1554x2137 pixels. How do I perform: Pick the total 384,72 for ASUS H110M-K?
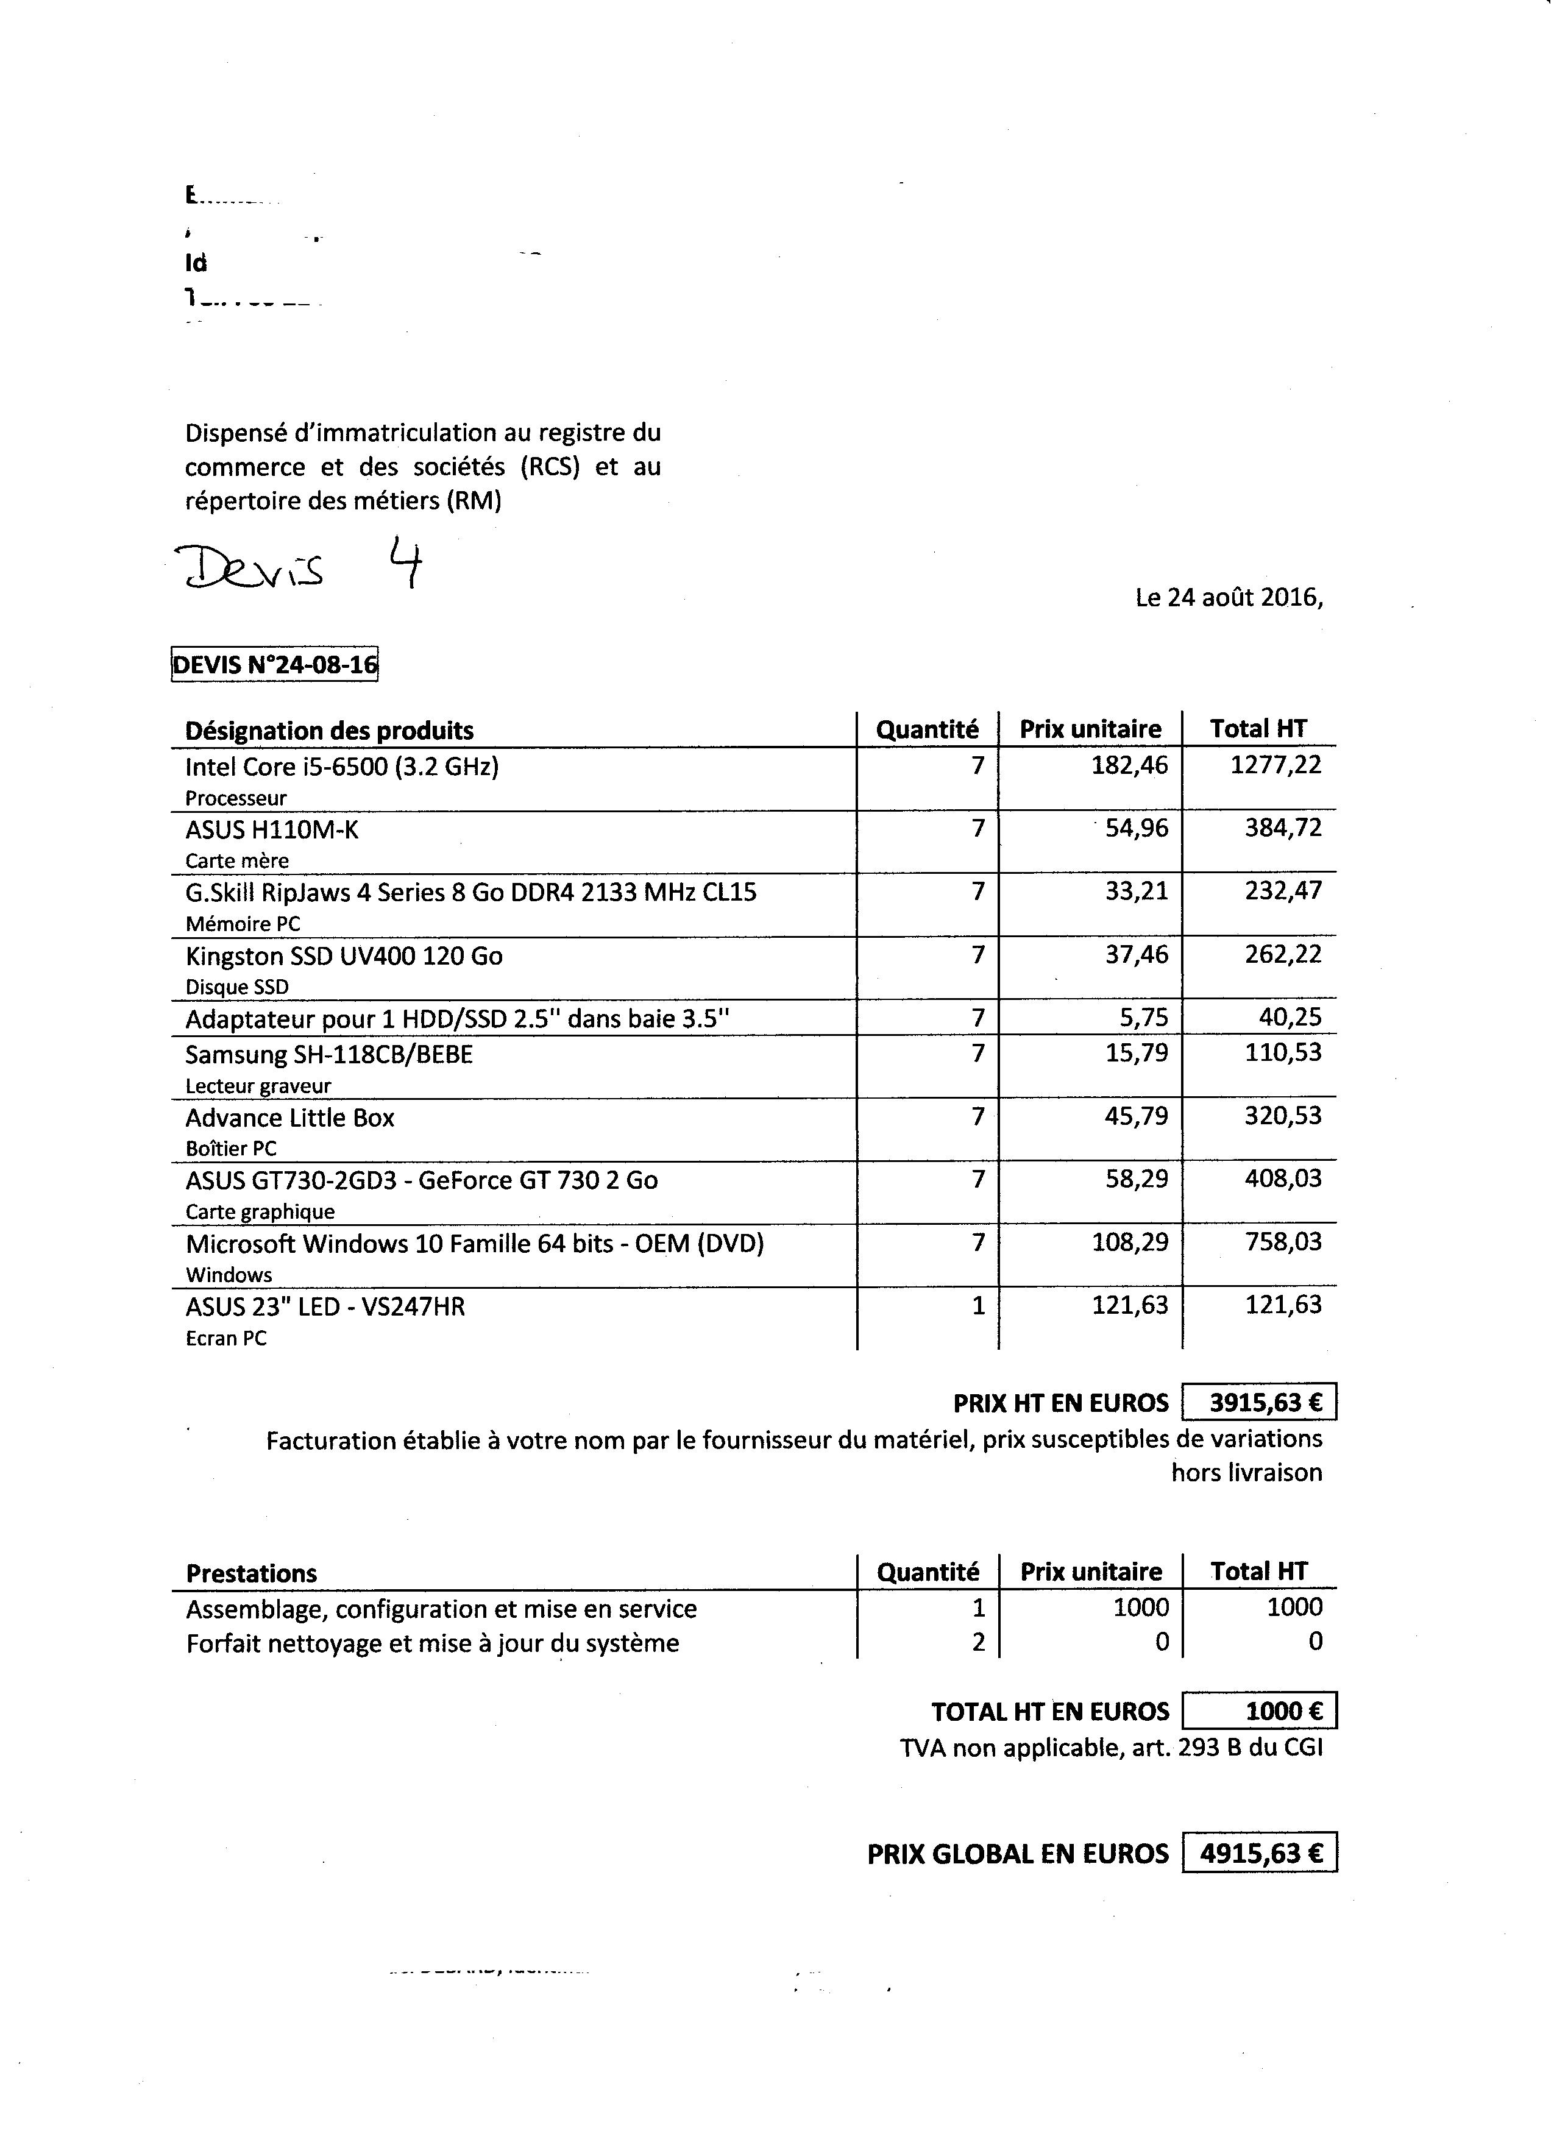[1283, 828]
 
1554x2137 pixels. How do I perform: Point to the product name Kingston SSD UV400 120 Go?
[344, 955]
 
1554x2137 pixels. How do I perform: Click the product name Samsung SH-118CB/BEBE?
[329, 1054]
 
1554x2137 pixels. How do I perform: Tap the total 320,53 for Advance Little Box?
[1283, 1116]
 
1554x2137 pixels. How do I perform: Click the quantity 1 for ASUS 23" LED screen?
[978, 1305]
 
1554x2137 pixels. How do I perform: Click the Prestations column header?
[252, 1573]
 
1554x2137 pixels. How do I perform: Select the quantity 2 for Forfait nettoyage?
[978, 1642]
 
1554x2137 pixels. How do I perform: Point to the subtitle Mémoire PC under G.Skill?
[242, 924]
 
